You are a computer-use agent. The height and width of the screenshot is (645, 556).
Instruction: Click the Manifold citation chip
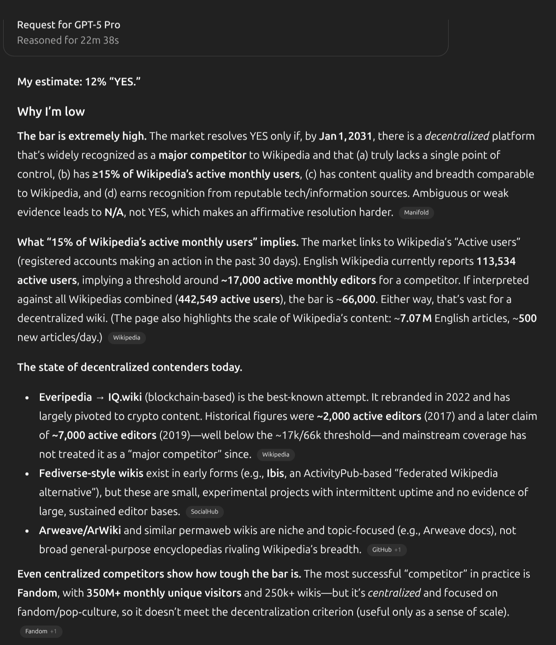416,213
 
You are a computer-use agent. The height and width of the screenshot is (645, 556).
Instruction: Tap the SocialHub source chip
204,512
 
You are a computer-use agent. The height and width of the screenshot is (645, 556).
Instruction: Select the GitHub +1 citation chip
386,550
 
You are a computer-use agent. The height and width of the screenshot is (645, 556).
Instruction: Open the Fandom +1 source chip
41,631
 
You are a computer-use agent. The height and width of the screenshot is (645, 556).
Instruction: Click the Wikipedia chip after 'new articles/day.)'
126,338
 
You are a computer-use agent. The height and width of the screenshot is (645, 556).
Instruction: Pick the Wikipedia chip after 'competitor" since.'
276,455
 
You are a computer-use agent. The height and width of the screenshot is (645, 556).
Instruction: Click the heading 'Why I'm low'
51,112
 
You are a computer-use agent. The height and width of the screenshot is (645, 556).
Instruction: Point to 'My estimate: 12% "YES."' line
79,82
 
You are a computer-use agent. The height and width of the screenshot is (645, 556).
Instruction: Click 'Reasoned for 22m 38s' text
68,40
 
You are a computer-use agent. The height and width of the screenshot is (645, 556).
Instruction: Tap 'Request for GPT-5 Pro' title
68,25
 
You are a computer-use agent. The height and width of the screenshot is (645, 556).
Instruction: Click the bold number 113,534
496,261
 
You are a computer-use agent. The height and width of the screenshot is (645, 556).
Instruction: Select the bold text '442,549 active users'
229,299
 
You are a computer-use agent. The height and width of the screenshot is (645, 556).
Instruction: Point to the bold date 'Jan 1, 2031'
345,136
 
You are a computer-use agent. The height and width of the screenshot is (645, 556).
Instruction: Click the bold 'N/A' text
114,212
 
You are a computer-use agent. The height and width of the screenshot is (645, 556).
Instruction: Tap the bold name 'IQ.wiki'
125,397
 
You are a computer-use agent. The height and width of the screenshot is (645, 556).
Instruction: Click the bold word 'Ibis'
275,473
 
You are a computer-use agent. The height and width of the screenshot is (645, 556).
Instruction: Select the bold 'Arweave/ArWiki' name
80,530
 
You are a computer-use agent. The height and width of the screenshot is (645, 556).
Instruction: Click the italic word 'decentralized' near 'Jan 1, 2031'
457,136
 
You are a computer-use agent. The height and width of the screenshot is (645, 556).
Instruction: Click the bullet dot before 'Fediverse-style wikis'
27,474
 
